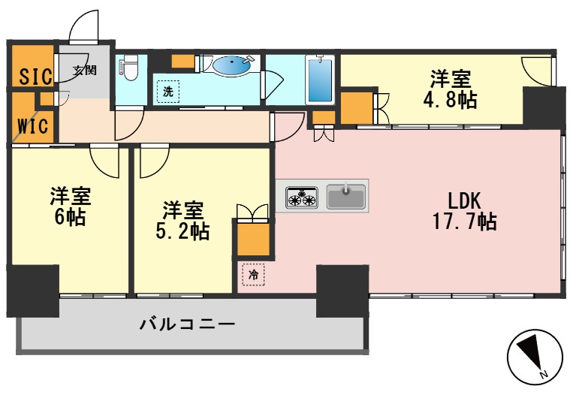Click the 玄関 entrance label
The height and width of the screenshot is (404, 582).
click(x=85, y=71)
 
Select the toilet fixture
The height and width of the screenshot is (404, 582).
click(x=128, y=69)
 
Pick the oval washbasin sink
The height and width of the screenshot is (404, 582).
click(x=234, y=66)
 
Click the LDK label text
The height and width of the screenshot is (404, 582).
click(x=464, y=200)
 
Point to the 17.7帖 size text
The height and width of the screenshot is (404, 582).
click(x=464, y=222)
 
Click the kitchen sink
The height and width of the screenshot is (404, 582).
click(x=346, y=197)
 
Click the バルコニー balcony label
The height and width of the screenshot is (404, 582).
click(x=188, y=325)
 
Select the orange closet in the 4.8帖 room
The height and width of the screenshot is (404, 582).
click(x=356, y=107)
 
